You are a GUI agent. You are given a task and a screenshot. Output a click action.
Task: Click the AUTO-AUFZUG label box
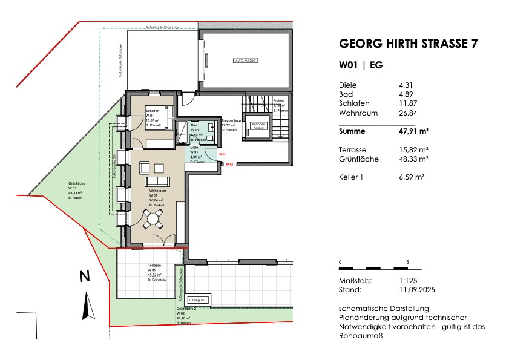click(246, 61)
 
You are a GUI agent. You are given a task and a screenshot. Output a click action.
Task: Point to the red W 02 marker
click(230, 164)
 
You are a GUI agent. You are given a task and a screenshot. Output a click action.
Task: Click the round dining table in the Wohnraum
click(153, 222)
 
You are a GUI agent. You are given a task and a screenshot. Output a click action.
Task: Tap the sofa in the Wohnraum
click(157, 182)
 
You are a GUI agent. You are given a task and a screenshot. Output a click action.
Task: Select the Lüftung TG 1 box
click(198, 300)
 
